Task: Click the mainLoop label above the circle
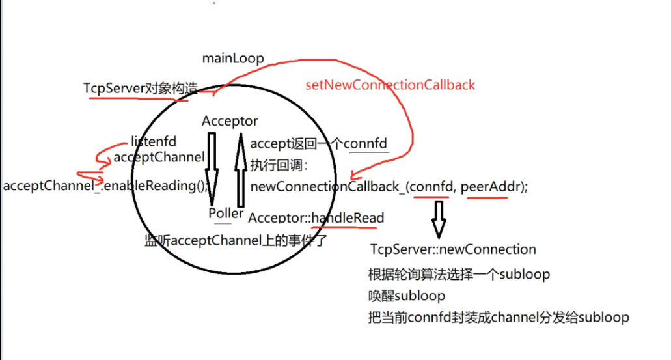click(x=233, y=59)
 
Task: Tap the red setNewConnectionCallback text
click(x=390, y=85)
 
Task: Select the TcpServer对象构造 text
click(x=140, y=88)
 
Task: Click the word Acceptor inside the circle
click(x=230, y=121)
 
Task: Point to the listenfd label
click(x=154, y=141)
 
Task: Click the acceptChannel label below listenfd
click(x=159, y=157)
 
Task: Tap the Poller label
click(x=226, y=214)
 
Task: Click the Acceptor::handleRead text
click(x=316, y=217)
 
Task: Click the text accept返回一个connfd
click(x=319, y=144)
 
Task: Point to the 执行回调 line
click(x=273, y=165)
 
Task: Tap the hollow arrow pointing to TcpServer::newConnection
click(x=439, y=218)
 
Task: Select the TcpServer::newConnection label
click(x=452, y=249)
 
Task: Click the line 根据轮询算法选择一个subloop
click(x=459, y=274)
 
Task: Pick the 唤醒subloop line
click(x=406, y=296)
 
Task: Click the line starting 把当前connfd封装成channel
click(x=499, y=318)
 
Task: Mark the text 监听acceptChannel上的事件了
click(x=234, y=240)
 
